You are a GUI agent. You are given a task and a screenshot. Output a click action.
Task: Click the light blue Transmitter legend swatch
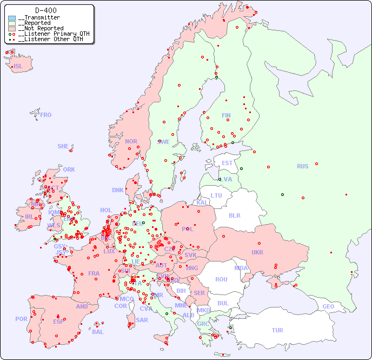(12, 18)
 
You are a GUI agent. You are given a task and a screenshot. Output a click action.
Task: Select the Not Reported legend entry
(40, 28)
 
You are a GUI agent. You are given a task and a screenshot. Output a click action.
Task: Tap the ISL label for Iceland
(18, 67)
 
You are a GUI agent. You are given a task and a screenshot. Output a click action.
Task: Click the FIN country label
(226, 115)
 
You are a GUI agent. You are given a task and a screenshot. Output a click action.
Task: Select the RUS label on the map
(302, 166)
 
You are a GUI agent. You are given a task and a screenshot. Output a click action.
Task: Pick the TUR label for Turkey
(277, 330)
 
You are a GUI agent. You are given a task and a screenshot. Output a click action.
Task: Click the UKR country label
(257, 252)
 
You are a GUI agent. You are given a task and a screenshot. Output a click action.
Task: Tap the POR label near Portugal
(21, 319)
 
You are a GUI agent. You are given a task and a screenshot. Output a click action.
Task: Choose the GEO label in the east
(328, 306)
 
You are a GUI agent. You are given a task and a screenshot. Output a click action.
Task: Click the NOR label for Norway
(131, 141)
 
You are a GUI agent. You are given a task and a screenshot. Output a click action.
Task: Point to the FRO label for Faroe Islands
(46, 115)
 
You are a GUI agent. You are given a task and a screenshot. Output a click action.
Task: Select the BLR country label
(234, 215)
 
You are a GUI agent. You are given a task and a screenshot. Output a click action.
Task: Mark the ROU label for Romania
(221, 279)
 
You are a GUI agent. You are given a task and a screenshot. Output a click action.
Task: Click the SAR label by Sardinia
(142, 320)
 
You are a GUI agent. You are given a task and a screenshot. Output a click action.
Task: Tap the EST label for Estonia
(227, 163)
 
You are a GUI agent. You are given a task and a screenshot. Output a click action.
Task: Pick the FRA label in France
(94, 273)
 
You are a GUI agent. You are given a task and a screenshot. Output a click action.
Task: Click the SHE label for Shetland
(63, 146)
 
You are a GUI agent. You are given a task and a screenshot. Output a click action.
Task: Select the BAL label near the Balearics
(98, 332)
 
